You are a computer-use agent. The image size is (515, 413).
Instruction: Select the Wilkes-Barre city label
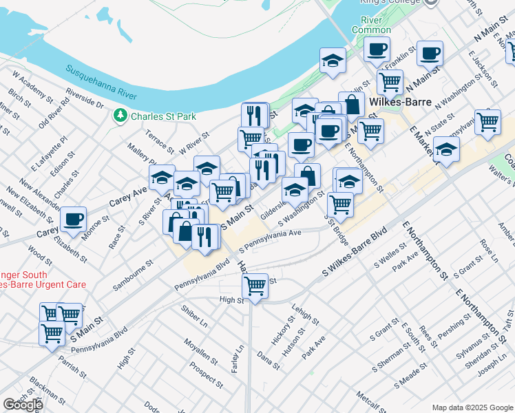pyautogui.click(x=400, y=102)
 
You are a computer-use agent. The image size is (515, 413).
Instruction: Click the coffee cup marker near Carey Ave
pyautogui.click(x=73, y=220)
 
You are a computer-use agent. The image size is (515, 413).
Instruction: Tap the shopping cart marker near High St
pyautogui.click(x=255, y=284)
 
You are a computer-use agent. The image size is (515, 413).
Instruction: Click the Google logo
pyautogui.click(x=23, y=405)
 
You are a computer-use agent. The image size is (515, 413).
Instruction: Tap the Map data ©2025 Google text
pyautogui.click(x=472, y=407)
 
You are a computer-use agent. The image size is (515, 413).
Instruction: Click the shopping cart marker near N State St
pyautogui.click(x=487, y=123)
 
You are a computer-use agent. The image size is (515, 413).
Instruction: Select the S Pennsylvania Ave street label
pyautogui.click(x=270, y=240)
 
